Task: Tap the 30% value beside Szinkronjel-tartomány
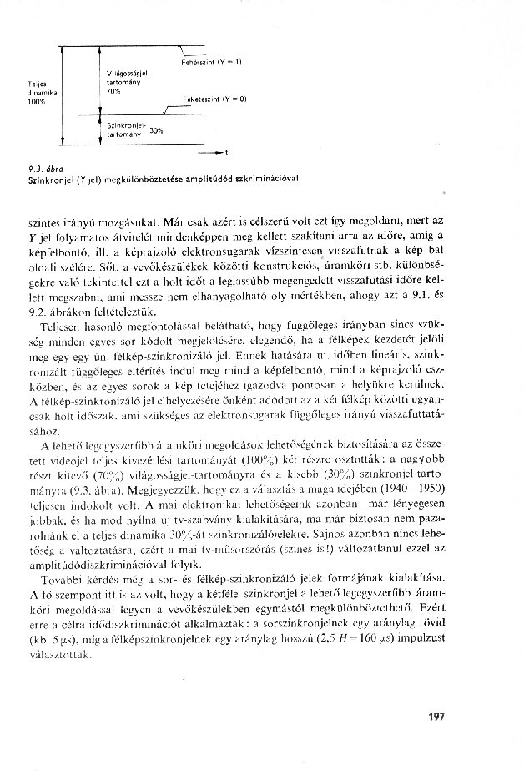tap(154, 129)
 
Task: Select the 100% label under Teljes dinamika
tap(36, 101)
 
